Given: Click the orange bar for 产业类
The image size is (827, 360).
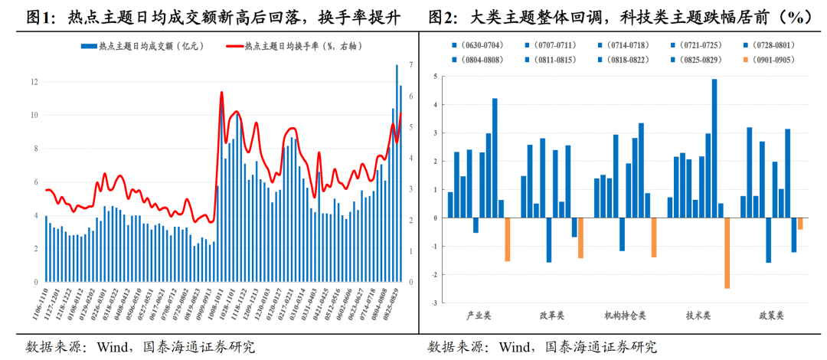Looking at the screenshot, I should (507, 240).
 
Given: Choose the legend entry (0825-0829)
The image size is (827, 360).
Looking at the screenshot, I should (695, 59).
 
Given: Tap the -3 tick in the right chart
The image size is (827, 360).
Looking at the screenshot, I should (433, 303).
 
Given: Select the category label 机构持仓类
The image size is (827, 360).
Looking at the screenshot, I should (624, 315).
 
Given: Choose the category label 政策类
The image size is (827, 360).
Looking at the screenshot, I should (772, 315).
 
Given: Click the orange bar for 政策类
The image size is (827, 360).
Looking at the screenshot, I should (800, 224).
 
